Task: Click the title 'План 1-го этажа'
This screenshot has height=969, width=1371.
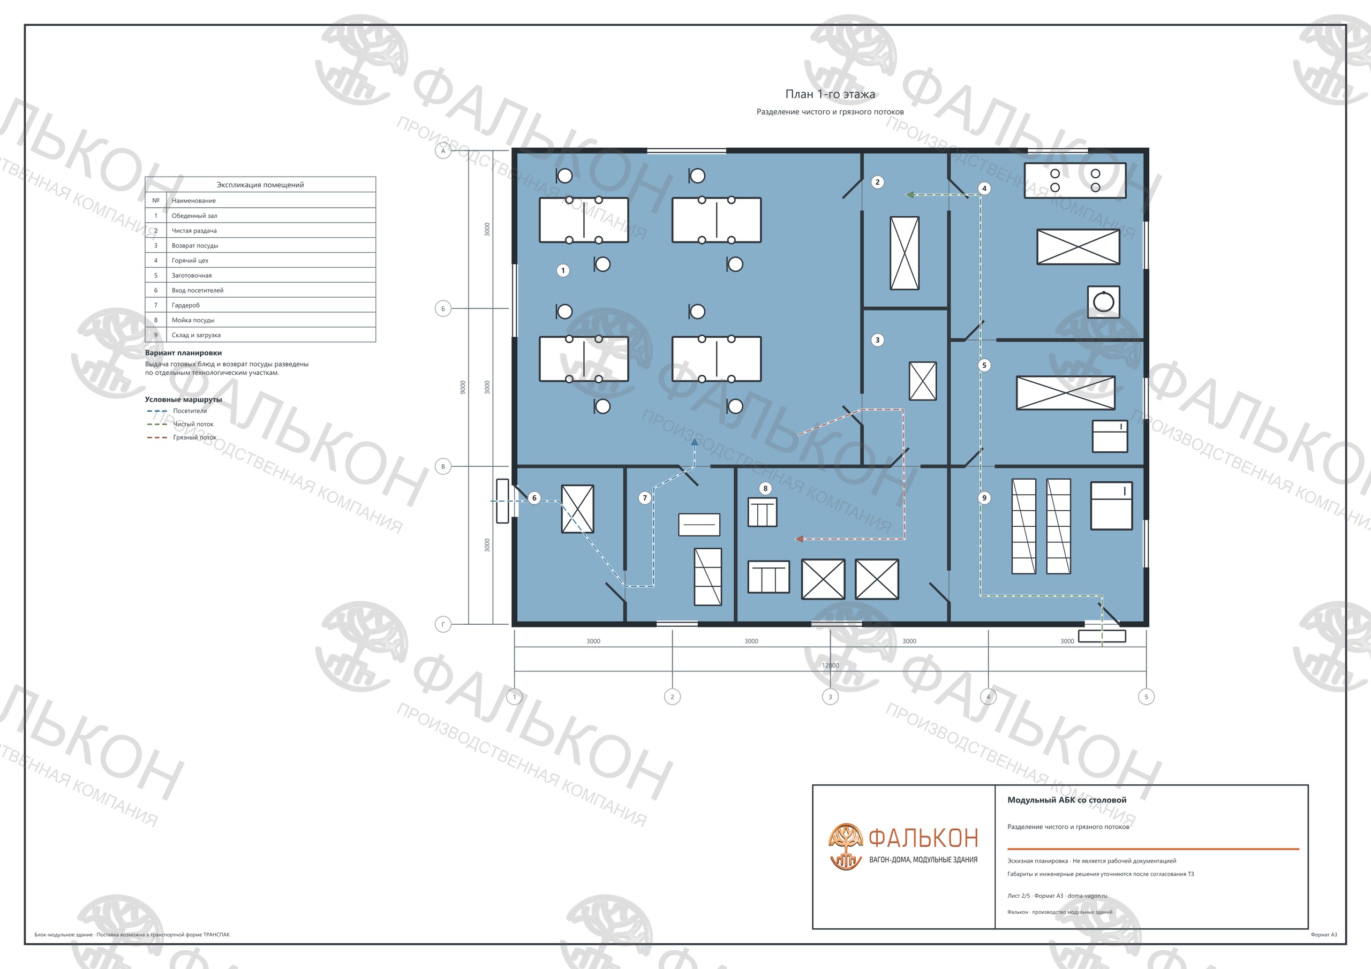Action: click(830, 94)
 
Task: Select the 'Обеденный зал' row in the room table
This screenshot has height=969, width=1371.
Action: click(260, 216)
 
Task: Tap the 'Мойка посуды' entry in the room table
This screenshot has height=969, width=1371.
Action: click(260, 320)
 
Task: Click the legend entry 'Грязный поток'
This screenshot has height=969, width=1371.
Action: click(194, 437)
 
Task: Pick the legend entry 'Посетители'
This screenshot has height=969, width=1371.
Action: click(190, 411)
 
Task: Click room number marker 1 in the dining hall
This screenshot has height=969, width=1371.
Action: click(562, 270)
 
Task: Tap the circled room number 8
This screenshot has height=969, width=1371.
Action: click(765, 488)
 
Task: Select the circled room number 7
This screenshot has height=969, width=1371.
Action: click(644, 498)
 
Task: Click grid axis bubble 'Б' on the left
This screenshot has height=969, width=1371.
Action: click(443, 309)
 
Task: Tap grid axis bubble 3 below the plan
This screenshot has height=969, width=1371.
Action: click(830, 697)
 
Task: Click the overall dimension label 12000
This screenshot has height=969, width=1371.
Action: click(830, 665)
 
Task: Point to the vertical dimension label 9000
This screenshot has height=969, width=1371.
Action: click(463, 388)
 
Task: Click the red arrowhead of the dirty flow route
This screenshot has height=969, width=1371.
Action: click(799, 539)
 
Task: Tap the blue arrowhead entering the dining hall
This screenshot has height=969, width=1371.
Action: click(695, 442)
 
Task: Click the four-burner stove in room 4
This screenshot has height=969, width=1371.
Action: click(1075, 180)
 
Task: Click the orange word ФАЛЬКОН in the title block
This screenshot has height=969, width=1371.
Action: click(923, 839)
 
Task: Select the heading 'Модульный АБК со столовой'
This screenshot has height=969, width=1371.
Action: click(1067, 800)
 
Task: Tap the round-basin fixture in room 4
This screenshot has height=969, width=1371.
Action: click(1103, 302)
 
